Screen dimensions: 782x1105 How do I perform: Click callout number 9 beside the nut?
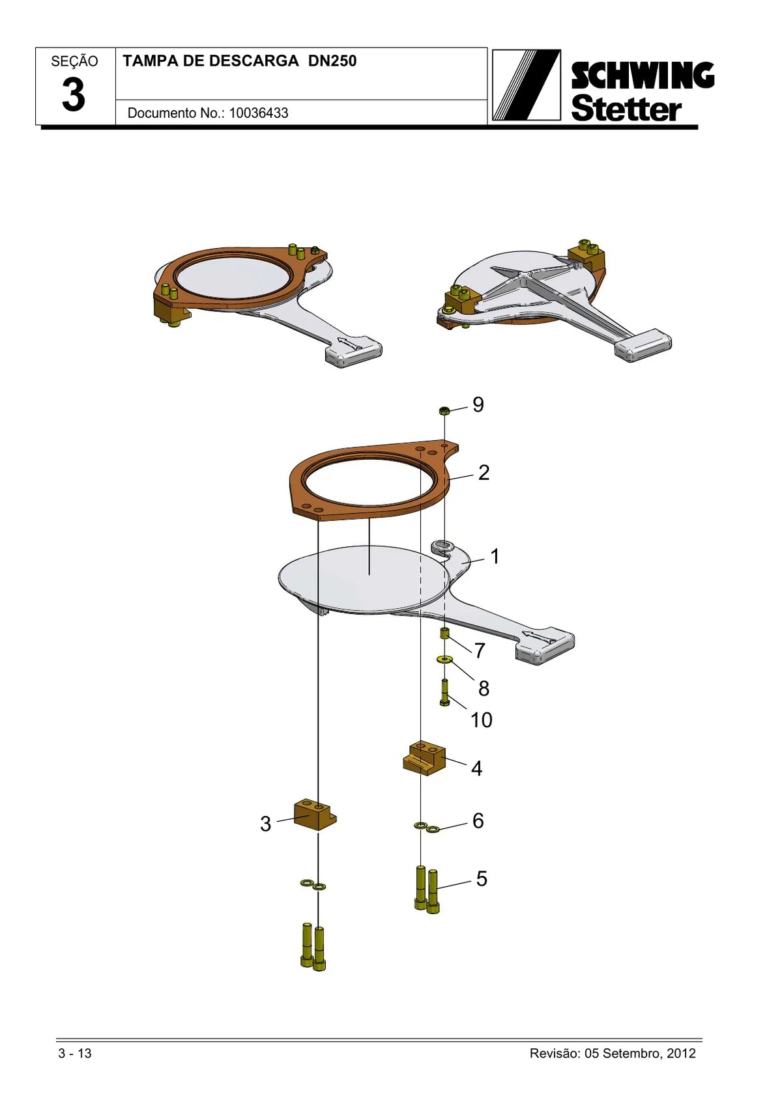tap(478, 404)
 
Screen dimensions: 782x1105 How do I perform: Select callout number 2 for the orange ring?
tap(484, 473)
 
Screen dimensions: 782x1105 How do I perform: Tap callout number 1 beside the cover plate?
tap(495, 557)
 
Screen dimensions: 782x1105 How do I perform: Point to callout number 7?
tap(480, 650)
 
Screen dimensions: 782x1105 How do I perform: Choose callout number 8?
tap(484, 688)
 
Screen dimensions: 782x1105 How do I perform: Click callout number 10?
tap(482, 720)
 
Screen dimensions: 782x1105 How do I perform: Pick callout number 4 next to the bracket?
tap(476, 768)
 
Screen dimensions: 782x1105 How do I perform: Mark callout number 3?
tap(266, 824)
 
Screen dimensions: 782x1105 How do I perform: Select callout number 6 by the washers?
tap(478, 820)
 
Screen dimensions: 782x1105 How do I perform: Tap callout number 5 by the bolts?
tap(482, 878)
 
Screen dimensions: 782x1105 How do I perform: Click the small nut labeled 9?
tap(444, 410)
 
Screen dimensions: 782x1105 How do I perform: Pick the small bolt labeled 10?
tap(444, 693)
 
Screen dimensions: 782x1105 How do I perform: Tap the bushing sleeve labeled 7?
tap(445, 634)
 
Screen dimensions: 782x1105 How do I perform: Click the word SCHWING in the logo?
tap(643, 76)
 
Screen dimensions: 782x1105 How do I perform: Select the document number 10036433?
tap(259, 113)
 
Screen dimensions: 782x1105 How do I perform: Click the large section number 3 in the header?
tap(74, 94)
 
